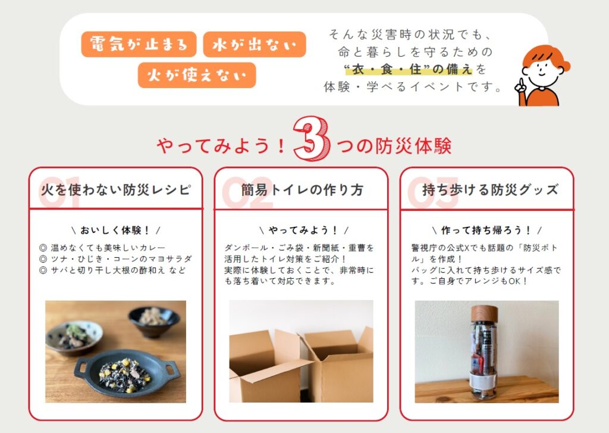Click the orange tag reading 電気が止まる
139,44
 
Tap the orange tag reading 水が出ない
255,44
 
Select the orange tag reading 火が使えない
196,75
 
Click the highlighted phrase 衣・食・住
389,70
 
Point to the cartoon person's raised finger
519,82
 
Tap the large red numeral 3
312,139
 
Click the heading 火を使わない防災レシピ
116,190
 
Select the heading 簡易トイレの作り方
302,190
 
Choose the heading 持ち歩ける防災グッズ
490,190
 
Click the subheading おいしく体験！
115,230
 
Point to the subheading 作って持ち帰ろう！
486,230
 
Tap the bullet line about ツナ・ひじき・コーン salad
116,258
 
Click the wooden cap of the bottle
484,313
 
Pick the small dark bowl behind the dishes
154,322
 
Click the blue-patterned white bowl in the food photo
74,337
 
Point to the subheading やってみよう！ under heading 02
304,230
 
